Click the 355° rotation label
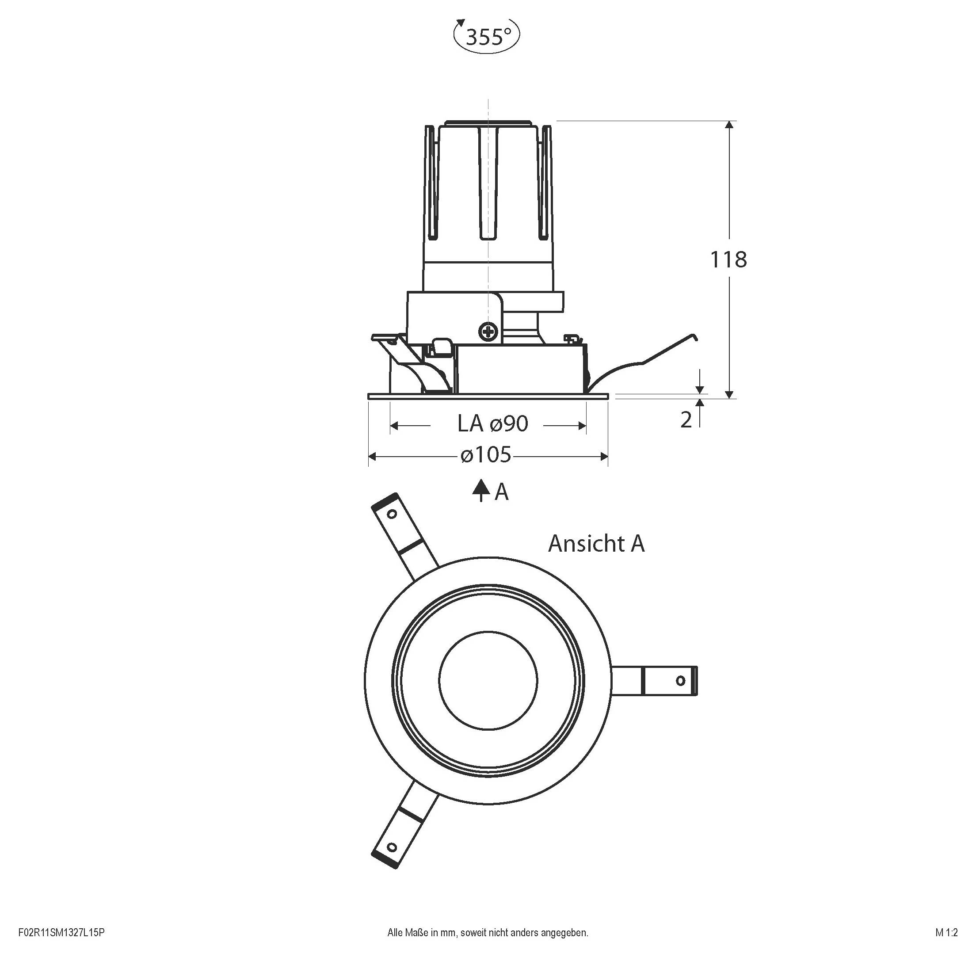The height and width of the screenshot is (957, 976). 487,37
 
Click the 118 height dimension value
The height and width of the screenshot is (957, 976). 728,260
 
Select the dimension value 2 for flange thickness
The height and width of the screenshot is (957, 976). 686,419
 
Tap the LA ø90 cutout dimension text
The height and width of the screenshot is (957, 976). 492,424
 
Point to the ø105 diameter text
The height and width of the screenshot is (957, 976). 486,455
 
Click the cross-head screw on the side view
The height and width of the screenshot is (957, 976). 488,331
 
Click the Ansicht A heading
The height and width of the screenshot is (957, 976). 596,543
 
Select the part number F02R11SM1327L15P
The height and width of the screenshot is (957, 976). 61,932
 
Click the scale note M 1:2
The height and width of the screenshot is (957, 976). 946,932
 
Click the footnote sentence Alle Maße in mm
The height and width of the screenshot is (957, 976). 488,932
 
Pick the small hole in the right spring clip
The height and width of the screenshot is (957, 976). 680,681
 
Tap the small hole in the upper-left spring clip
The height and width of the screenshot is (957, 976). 392,514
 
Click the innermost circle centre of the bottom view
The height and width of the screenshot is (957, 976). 488,680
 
